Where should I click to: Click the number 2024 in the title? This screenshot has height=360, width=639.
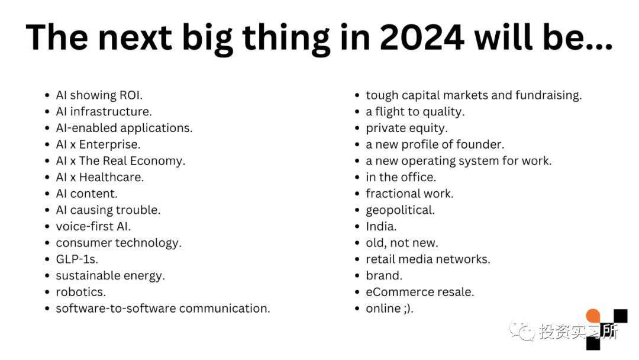coord(421,37)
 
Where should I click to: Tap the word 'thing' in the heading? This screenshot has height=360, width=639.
coord(286,39)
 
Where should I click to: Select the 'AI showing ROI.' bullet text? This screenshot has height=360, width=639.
coord(99,95)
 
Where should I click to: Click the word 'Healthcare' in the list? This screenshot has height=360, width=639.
coord(111,178)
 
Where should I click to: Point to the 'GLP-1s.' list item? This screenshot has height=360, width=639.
coord(77,259)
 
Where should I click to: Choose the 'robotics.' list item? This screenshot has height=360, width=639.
coord(80,292)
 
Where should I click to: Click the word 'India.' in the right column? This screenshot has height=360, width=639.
coord(381,226)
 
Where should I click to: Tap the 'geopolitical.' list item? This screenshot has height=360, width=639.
coord(400,210)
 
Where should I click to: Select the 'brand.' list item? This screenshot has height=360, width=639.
coord(384,275)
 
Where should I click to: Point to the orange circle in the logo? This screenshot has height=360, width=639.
coord(593,316)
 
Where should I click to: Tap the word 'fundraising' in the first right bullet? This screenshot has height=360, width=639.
coord(547,95)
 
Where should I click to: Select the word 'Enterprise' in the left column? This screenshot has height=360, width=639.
coord(108,144)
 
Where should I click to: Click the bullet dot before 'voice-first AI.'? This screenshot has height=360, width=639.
coord(47,227)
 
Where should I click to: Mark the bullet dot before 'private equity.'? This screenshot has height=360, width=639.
coord(357,128)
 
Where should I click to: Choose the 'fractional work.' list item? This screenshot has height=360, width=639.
coord(409,194)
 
